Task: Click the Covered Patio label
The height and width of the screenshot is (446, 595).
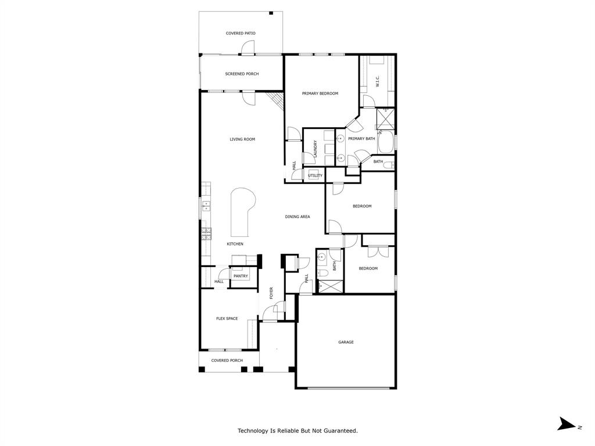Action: (241, 33)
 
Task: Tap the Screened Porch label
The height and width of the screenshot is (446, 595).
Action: (242, 74)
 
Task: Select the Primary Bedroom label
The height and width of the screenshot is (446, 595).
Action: (320, 93)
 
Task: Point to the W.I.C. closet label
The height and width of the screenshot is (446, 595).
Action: (378, 81)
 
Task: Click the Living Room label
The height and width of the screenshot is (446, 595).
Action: (242, 139)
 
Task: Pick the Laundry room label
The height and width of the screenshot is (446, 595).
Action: (315, 149)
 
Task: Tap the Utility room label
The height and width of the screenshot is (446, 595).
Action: (315, 175)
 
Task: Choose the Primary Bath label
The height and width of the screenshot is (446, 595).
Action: (361, 139)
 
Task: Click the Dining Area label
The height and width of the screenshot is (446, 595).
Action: (297, 217)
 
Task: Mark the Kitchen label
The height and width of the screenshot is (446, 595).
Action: (235, 244)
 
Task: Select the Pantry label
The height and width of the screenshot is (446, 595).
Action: (241, 276)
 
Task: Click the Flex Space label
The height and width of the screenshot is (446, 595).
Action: (227, 318)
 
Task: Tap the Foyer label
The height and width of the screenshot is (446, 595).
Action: (271, 293)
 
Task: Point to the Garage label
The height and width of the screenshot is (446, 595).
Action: (346, 342)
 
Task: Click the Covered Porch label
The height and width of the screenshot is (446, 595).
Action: (227, 360)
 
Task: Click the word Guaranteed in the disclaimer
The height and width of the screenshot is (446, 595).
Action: (339, 431)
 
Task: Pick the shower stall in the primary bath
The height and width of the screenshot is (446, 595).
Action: (385, 118)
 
